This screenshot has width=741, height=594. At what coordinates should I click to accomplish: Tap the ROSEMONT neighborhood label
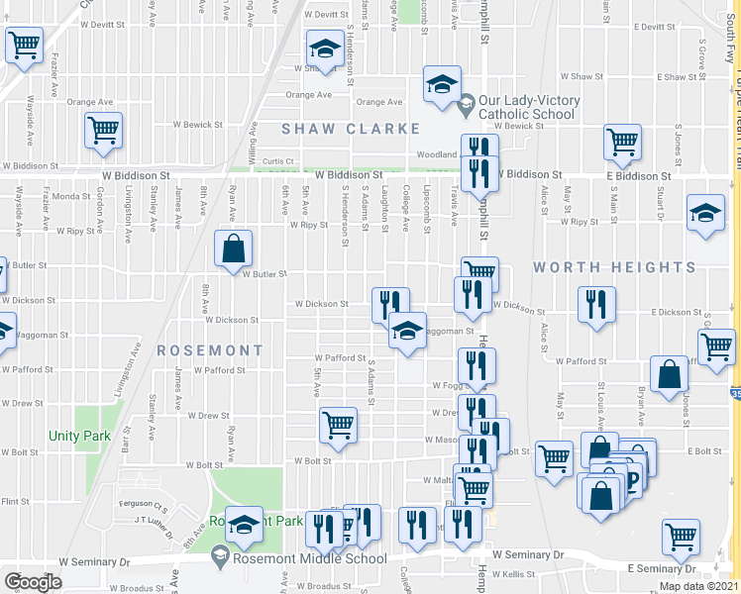(209, 350)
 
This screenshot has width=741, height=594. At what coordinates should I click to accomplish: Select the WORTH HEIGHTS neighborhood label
(614, 267)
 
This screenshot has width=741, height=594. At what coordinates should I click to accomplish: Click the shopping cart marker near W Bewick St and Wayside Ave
(103, 132)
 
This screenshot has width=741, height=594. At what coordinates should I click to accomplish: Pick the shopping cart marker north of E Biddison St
(623, 143)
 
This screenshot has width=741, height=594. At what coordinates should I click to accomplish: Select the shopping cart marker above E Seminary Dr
(682, 537)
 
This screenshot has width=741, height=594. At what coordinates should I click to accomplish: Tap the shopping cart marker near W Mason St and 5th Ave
(338, 426)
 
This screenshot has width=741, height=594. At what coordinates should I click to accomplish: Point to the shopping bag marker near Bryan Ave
(670, 375)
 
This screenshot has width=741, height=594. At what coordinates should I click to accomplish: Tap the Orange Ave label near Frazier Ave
(89, 102)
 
